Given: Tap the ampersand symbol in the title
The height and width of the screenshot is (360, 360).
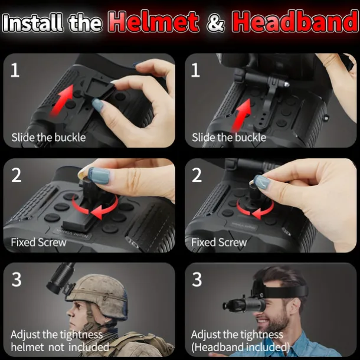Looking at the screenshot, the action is pos(215,22).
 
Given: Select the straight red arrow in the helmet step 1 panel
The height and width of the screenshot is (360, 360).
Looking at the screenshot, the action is pos(62,100).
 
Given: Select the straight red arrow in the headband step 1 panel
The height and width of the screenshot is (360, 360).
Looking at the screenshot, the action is pos(241,115).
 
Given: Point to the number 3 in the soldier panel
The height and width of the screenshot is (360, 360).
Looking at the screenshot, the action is pos(17,280).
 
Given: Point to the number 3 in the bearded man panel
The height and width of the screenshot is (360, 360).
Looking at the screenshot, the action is pos(197,280).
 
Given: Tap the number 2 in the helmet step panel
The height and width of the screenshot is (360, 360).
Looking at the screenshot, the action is pos(17,175).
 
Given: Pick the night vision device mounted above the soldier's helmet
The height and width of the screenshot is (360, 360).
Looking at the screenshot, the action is pos(60,279).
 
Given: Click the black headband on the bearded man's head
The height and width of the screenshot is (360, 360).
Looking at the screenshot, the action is pos(283,290).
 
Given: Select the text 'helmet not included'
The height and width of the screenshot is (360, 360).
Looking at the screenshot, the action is pos(60,347).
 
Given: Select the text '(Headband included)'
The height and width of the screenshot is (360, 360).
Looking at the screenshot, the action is pos(240,347).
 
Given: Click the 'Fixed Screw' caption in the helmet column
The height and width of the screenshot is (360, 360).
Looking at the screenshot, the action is pos(38,242).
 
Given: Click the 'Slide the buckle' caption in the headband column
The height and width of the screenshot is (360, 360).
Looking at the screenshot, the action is pos(229,138).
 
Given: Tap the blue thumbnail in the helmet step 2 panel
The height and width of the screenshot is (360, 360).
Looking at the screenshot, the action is pos(99,176).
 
